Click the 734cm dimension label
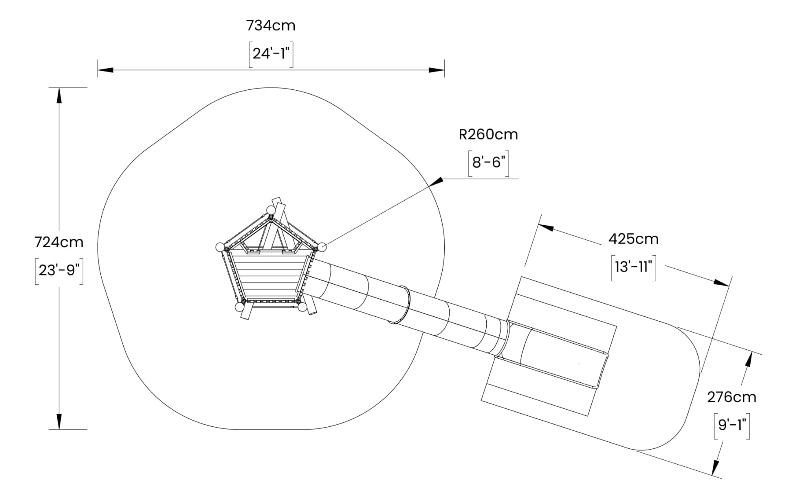pyautogui.click(x=271, y=26)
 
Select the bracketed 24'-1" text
pyautogui.click(x=271, y=54)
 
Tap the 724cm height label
pyautogui.click(x=59, y=242)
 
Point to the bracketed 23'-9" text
pyautogui.click(x=59, y=270)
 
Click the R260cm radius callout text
pyautogui.click(x=488, y=134)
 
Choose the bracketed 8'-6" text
pyautogui.click(x=488, y=163)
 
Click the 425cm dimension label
pyautogui.click(x=634, y=239)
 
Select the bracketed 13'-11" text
pyautogui.click(x=634, y=267)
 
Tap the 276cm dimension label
pyautogui.click(x=732, y=397)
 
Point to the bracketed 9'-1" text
pyautogui.click(x=732, y=425)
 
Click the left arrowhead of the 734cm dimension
pyautogui.click(x=106, y=70)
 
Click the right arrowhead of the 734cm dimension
pyautogui.click(x=436, y=70)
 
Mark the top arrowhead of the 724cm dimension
pyautogui.click(x=59, y=95)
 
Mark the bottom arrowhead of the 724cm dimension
pyautogui.click(x=59, y=422)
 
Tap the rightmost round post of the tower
pyautogui.click(x=322, y=247)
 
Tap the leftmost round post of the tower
pyautogui.click(x=220, y=247)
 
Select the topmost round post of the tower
pyautogui.click(x=271, y=210)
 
